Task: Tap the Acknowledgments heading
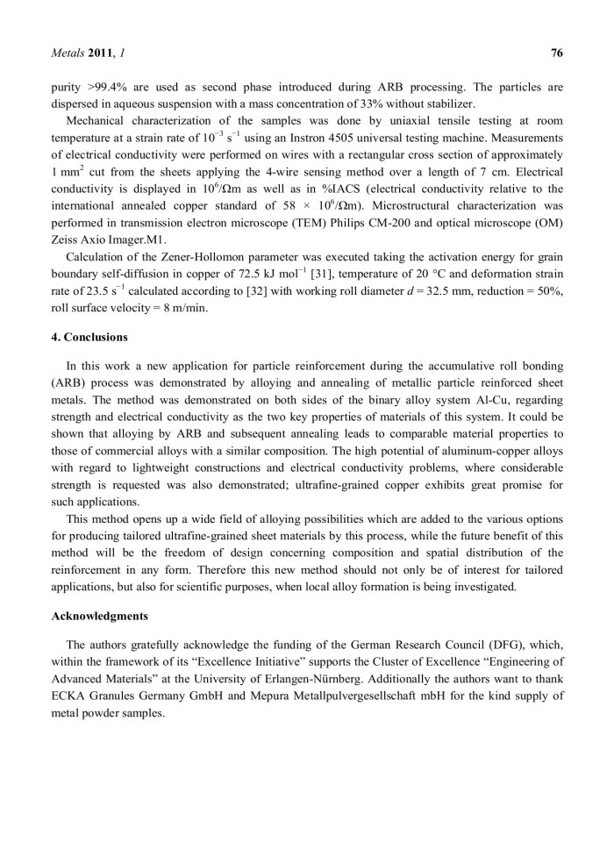click(x=95, y=617)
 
